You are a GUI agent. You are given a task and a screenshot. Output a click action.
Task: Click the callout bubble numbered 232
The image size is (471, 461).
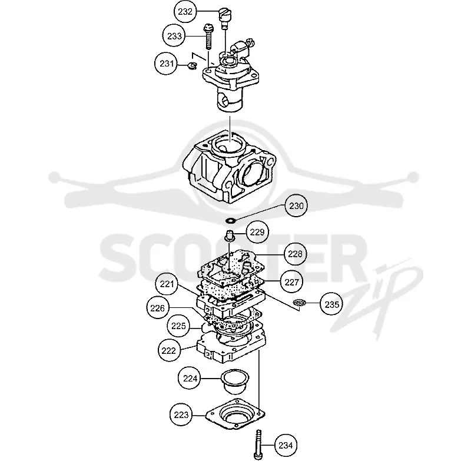pos(185,12)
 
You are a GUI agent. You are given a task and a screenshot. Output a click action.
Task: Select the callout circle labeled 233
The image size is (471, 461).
pos(174,36)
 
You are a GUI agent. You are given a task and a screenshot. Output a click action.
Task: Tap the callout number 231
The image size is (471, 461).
pos(167,64)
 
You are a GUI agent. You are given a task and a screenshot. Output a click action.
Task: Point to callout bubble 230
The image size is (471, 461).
pos(296,206)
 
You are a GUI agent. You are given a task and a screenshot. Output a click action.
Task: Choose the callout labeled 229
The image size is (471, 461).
pos(257,232)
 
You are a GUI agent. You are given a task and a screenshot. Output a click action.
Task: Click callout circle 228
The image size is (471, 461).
pos(296,254)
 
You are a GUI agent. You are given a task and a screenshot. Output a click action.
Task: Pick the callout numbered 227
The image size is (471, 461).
pos(291,282)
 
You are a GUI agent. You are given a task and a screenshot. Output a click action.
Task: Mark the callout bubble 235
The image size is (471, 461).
pos(331,304)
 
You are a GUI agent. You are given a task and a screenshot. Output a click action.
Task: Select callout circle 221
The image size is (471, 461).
pos(167,284)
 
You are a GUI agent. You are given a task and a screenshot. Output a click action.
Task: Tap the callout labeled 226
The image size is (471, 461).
pos(158,308)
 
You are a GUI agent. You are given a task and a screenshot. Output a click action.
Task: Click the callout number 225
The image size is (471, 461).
pos(178,326)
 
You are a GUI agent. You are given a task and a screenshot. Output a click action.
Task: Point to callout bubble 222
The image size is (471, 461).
pos(169,350)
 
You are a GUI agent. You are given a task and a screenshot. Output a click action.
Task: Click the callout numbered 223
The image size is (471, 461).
pos(181,415)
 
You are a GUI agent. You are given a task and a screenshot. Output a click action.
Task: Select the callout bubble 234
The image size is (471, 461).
pos(286,445)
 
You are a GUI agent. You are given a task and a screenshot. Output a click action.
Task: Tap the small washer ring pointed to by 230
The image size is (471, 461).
pos(231,221)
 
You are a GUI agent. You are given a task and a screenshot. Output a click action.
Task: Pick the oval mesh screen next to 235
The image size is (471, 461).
pos(300,303)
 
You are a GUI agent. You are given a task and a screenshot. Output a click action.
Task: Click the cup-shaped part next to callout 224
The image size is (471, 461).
pos(235,382)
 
